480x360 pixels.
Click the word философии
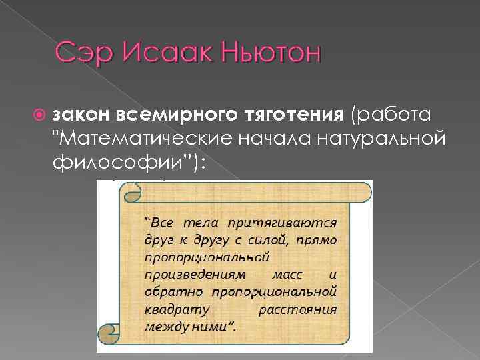103,162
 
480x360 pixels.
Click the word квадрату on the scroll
172,309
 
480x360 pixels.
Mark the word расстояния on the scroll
297,309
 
